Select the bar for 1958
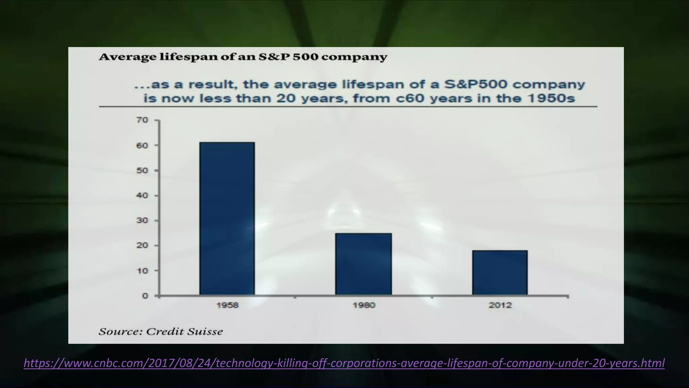tap(227, 219)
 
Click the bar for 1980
tap(363, 264)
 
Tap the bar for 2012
tap(500, 273)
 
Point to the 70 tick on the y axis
tap(142, 120)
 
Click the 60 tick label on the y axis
tap(142, 145)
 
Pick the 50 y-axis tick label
tap(142, 170)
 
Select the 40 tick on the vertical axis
tap(142, 196)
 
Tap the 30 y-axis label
tap(142, 221)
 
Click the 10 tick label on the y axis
tap(142, 271)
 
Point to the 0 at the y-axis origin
tap(145, 296)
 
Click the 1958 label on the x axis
tap(227, 305)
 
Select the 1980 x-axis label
tap(364, 305)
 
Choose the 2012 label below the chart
tap(500, 305)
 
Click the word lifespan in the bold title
tap(188, 57)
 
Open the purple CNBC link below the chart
tap(344, 363)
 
